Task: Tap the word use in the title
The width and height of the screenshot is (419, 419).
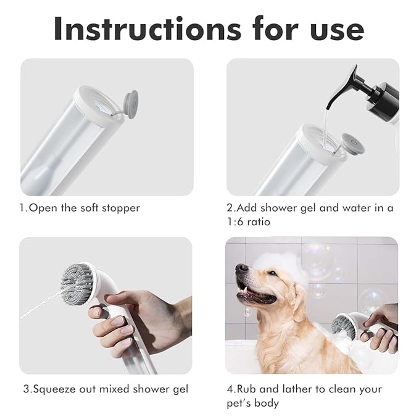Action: click(x=337, y=31)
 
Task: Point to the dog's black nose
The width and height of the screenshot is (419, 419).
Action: click(x=241, y=268)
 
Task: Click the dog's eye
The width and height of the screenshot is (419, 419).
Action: click(x=272, y=273)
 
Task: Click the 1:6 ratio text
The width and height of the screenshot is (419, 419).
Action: click(x=249, y=222)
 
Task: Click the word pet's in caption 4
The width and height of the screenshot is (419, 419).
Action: click(x=239, y=403)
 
